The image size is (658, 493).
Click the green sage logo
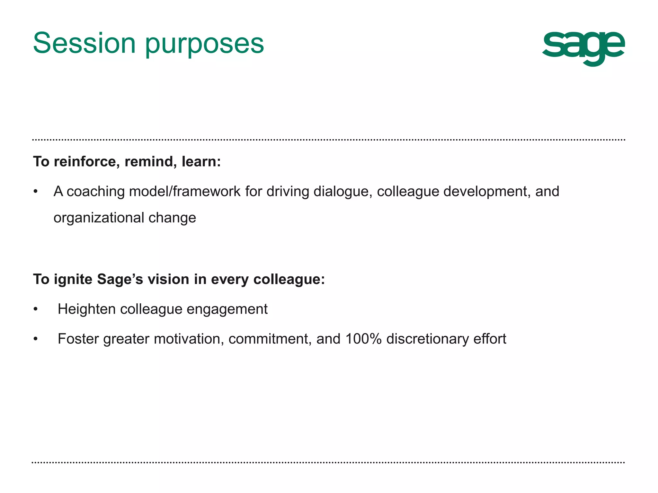point(583,48)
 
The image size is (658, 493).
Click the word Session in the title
point(84,43)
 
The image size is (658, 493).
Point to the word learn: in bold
point(201,161)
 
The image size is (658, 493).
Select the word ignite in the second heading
point(73,279)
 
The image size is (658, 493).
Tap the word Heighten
point(86,309)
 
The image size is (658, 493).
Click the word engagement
point(227,309)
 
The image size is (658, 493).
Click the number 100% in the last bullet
point(363,339)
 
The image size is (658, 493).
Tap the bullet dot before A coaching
point(36,192)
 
